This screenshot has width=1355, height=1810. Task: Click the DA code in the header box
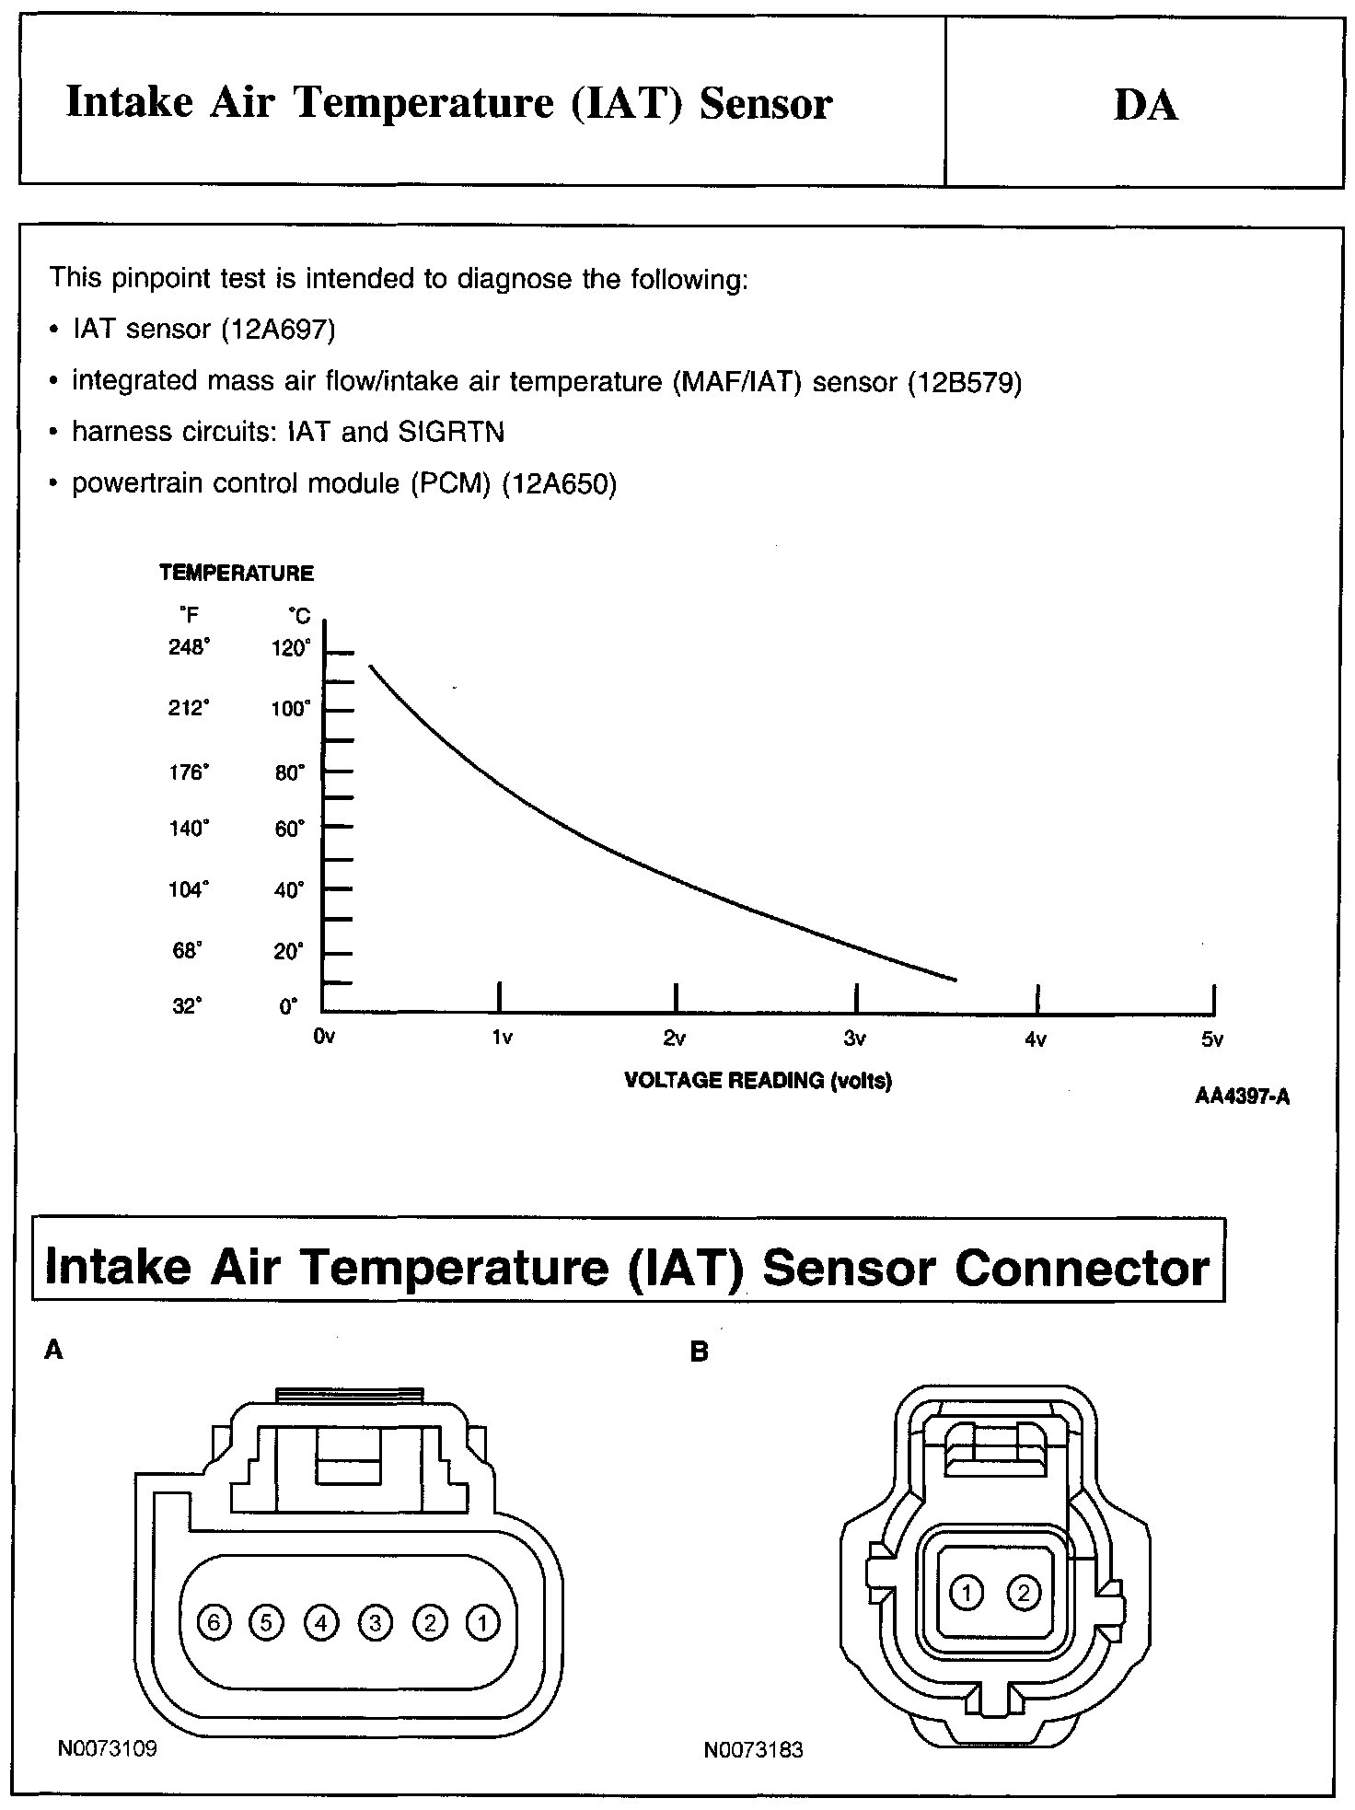click(1145, 105)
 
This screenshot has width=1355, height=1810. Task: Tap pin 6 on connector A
click(214, 1622)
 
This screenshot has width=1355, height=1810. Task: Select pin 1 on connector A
click(482, 1622)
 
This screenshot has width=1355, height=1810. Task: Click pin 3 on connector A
click(375, 1622)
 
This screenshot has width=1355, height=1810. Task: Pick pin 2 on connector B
click(1024, 1592)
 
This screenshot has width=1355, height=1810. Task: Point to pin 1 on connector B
click(967, 1592)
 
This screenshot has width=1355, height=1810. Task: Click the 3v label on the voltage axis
click(855, 1039)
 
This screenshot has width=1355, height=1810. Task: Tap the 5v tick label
click(1212, 1039)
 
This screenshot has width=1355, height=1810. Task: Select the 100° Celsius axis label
click(291, 709)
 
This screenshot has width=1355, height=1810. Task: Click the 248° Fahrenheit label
click(189, 647)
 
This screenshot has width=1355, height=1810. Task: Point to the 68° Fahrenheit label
click(187, 951)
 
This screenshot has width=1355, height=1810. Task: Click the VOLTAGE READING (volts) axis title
click(758, 1081)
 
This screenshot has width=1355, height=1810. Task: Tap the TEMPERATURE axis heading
click(237, 574)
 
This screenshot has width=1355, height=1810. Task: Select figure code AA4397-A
click(1242, 1096)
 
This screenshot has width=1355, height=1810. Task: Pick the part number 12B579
click(965, 381)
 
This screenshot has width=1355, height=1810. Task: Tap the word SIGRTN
click(451, 432)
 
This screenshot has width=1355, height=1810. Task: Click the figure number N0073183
click(753, 1750)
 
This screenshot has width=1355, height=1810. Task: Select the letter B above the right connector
click(700, 1352)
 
